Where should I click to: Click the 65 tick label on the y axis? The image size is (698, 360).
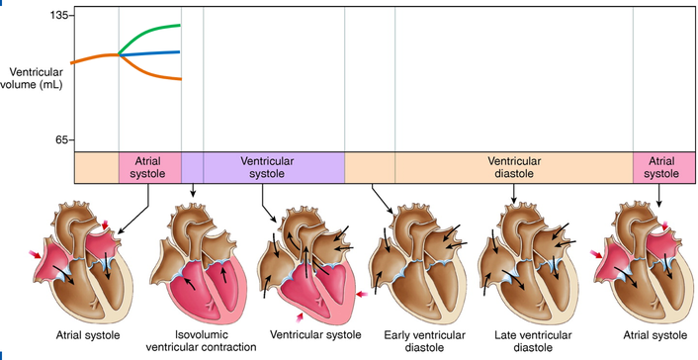(x=62, y=140)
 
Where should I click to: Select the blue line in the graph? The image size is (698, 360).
(x=149, y=53)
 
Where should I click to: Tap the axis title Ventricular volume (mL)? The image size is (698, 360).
(x=32, y=78)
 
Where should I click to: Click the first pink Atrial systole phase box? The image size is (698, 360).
(x=150, y=167)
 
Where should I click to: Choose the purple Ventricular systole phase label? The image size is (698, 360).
(x=267, y=167)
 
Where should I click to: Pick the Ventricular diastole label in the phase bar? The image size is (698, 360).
(x=514, y=167)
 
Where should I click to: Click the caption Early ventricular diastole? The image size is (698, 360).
(x=425, y=341)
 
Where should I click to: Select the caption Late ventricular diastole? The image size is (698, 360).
(x=533, y=341)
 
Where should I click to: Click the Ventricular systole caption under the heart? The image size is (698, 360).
(x=315, y=334)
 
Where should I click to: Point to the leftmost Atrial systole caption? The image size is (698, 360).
(x=88, y=335)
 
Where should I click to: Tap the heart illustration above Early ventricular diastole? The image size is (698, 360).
(x=417, y=263)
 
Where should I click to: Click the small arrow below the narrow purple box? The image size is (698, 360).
(x=193, y=190)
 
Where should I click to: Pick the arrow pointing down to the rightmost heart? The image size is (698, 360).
(x=658, y=195)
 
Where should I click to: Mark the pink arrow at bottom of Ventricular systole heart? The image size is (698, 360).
(x=301, y=317)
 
